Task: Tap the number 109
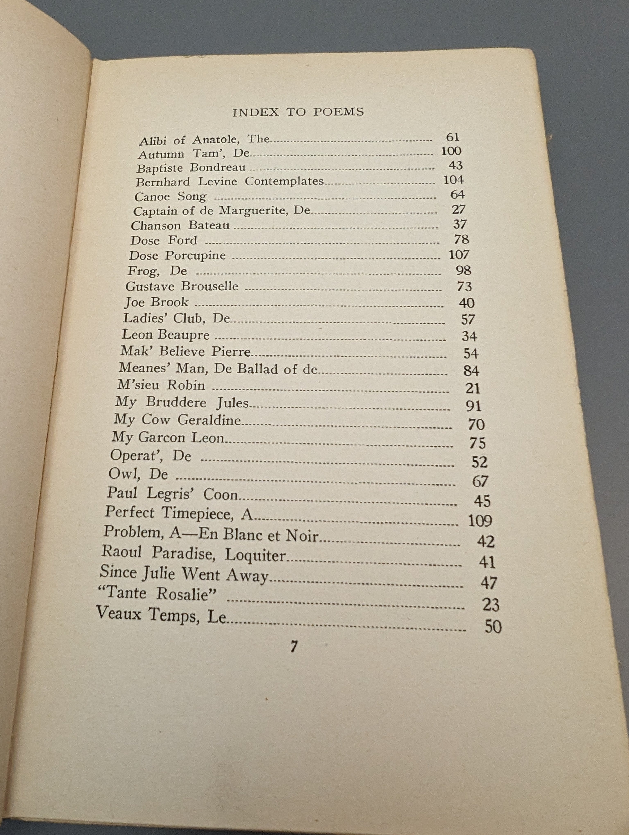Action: point(480,521)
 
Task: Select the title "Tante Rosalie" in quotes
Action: point(157,593)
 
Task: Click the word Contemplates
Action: point(284,181)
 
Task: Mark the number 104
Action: point(453,180)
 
